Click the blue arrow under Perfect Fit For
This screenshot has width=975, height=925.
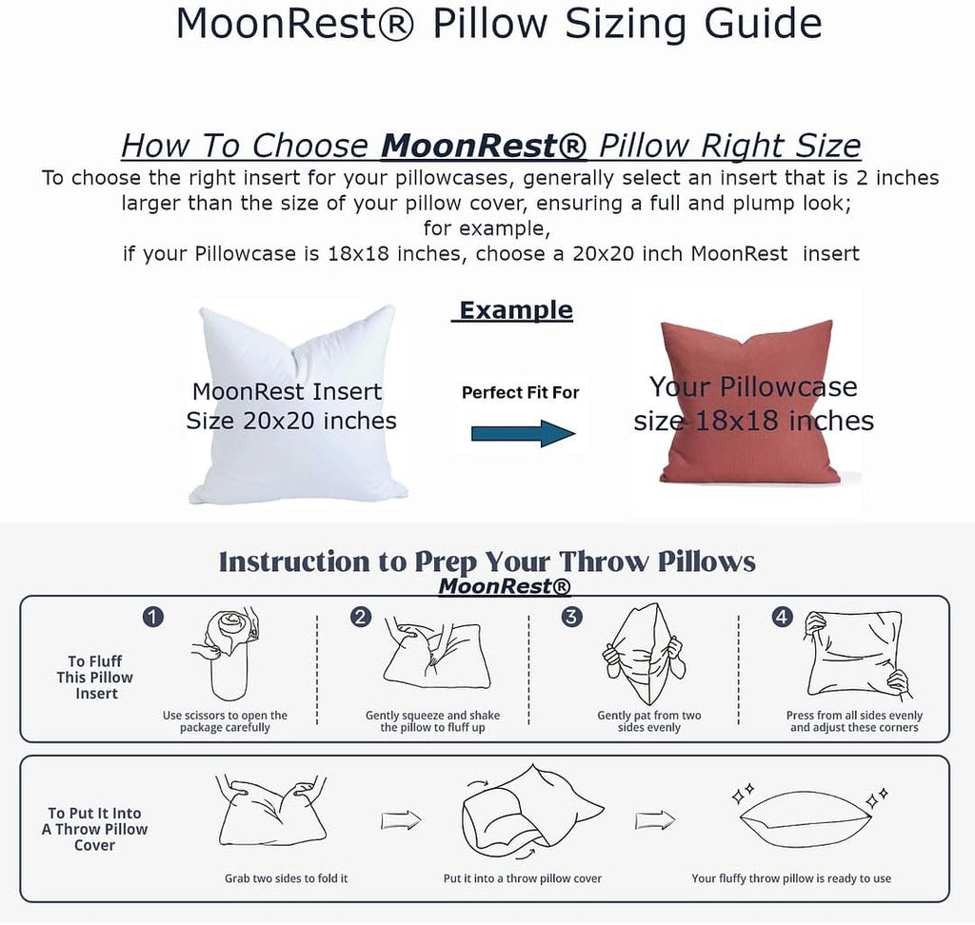click(524, 434)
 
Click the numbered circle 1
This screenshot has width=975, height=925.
click(152, 617)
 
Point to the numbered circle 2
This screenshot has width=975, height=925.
click(361, 617)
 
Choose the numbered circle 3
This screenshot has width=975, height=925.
click(571, 617)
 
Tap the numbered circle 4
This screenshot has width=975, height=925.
click(782, 617)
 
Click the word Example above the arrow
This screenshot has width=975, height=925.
click(514, 310)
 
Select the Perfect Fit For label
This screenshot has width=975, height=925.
click(520, 392)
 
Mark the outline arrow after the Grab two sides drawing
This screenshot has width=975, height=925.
click(402, 819)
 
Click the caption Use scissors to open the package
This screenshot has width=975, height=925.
click(225, 721)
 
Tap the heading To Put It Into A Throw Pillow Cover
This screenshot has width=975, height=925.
click(94, 829)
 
